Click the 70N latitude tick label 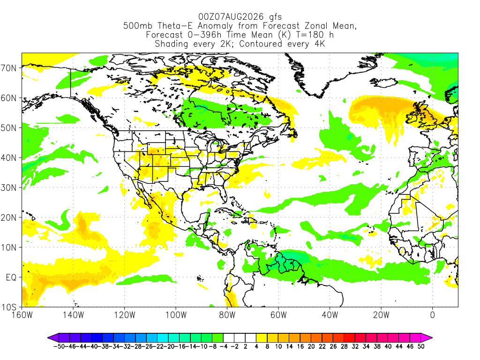(x=8, y=68)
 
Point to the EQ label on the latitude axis (x=11, y=277)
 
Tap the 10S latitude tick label (x=8, y=307)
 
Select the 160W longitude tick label (x=22, y=315)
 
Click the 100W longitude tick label (x=176, y=315)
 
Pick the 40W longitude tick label (x=330, y=315)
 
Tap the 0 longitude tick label (x=433, y=315)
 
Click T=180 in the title (x=311, y=35)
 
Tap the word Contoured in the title (x=261, y=44)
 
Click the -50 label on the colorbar (x=59, y=346)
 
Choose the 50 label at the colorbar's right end (x=421, y=346)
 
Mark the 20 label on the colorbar (x=311, y=346)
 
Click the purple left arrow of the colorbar (x=53, y=338)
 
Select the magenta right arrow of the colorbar (x=427, y=338)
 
